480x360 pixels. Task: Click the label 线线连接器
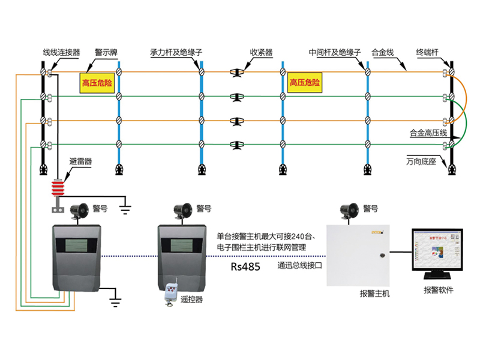coord(61,53)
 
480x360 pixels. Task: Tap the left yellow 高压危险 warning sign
coord(97,83)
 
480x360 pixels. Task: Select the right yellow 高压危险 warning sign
coord(304,82)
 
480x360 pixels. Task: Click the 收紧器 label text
coord(261,53)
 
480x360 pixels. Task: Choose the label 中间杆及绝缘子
coord(334,53)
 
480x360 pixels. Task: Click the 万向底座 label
coord(420,161)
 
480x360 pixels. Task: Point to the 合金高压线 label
coord(428,133)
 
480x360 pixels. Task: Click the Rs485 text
coord(245,267)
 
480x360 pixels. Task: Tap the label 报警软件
coord(438,290)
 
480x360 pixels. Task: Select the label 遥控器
coord(191,299)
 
